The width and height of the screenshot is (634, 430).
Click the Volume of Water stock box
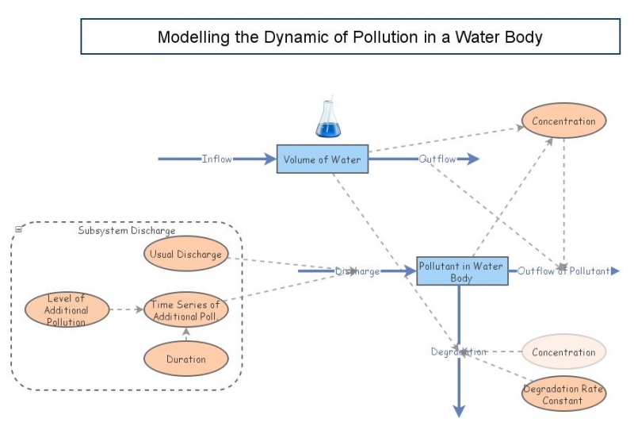[x=322, y=159]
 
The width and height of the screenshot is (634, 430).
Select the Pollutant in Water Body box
[x=461, y=271]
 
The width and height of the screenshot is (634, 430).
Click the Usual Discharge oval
[x=185, y=254]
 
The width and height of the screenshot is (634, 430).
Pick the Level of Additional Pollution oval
[x=67, y=309]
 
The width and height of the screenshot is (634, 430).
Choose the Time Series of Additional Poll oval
[x=185, y=309]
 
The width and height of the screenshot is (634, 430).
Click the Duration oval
[x=185, y=359]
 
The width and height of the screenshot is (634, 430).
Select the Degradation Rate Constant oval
[x=563, y=394]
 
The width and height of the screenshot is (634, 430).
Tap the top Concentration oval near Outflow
[x=563, y=121]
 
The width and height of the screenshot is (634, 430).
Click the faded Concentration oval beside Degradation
[x=563, y=352]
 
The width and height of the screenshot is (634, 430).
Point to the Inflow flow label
[x=217, y=159]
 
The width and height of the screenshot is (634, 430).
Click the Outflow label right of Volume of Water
[x=437, y=159]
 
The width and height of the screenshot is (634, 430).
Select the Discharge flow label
[x=357, y=271]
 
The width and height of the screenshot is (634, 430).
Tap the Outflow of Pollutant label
[x=563, y=271]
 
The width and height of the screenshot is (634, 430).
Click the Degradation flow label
[x=458, y=351]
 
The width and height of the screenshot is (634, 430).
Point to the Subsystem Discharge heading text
[x=127, y=231]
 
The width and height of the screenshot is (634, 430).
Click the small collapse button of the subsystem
[x=18, y=230]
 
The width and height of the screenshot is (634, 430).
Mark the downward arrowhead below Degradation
[x=458, y=410]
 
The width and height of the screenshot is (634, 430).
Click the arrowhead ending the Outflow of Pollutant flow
[x=615, y=271]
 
